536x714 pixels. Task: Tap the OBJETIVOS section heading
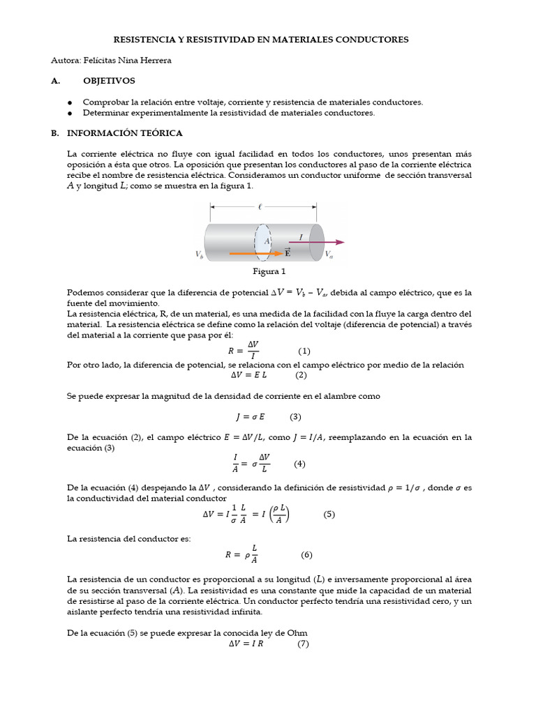pyautogui.click(x=109, y=81)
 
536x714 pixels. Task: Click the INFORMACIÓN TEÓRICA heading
pyautogui.click(x=125, y=132)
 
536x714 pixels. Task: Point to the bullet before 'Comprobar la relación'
pyautogui.click(x=70, y=102)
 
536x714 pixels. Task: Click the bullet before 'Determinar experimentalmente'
pyautogui.click(x=70, y=112)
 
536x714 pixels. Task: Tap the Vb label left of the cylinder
pyautogui.click(x=200, y=255)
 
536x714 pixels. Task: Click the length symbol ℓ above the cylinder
pyautogui.click(x=260, y=206)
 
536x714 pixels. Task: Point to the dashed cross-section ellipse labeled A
pyautogui.click(x=264, y=241)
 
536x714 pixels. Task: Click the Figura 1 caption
pyautogui.click(x=269, y=272)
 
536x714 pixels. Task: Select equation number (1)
pyautogui.click(x=304, y=350)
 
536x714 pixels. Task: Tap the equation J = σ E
pyautogui.click(x=249, y=417)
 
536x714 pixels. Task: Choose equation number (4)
pyautogui.click(x=299, y=464)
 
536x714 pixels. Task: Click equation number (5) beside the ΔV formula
pyautogui.click(x=329, y=515)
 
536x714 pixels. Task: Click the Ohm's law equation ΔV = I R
pyautogui.click(x=248, y=644)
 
